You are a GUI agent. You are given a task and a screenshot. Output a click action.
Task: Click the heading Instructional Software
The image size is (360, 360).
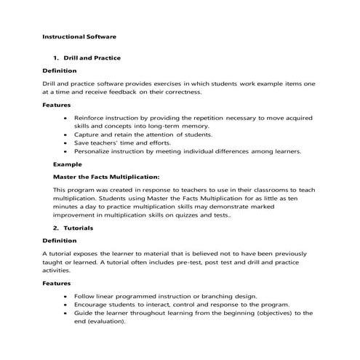(79, 35)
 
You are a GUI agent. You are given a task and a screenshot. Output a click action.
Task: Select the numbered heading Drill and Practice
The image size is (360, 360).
(92, 57)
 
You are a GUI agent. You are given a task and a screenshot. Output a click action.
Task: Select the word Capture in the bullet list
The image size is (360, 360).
(87, 135)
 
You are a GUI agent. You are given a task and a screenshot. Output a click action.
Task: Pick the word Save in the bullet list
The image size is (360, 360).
(81, 143)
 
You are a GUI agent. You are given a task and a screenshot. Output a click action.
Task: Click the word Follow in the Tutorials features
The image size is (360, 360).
(84, 297)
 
